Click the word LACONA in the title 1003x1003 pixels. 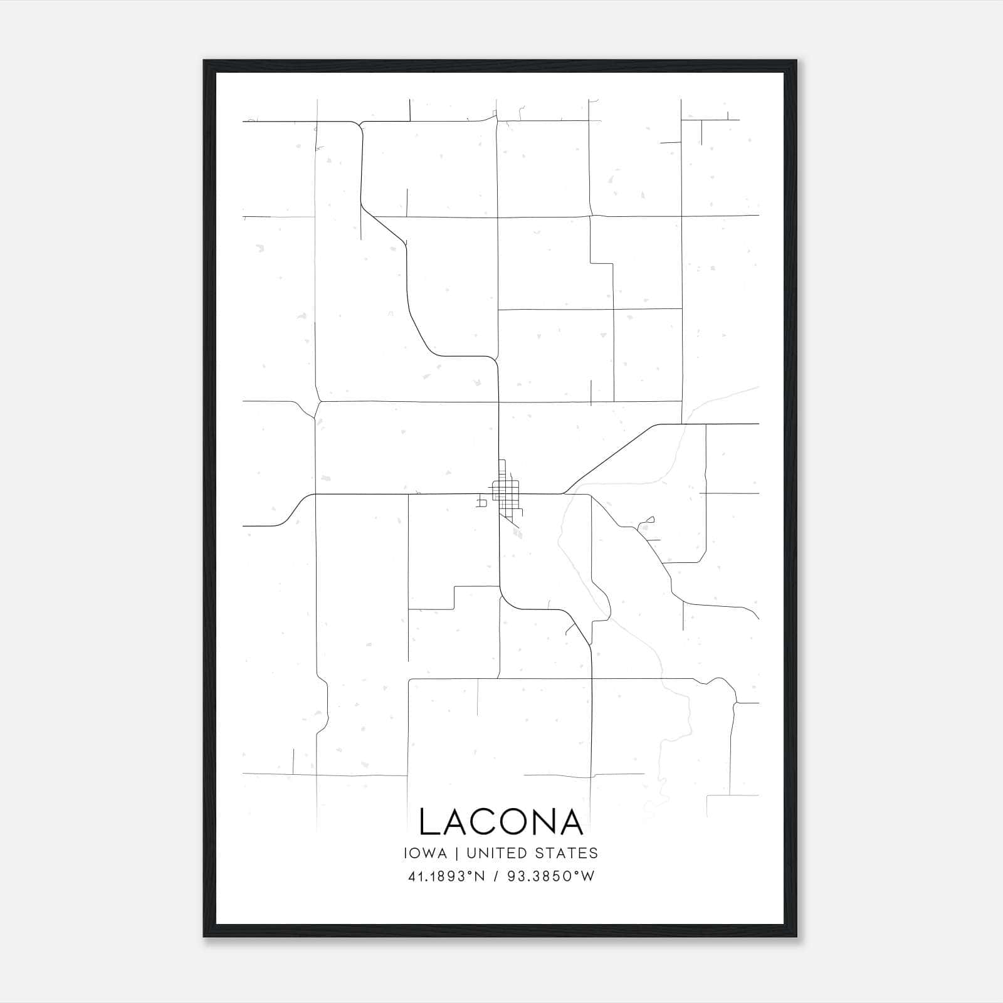[501, 822]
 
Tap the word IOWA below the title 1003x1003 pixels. [426, 853]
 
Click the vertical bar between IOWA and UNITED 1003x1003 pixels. [456, 853]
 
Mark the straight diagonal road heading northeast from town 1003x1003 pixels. [611, 458]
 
